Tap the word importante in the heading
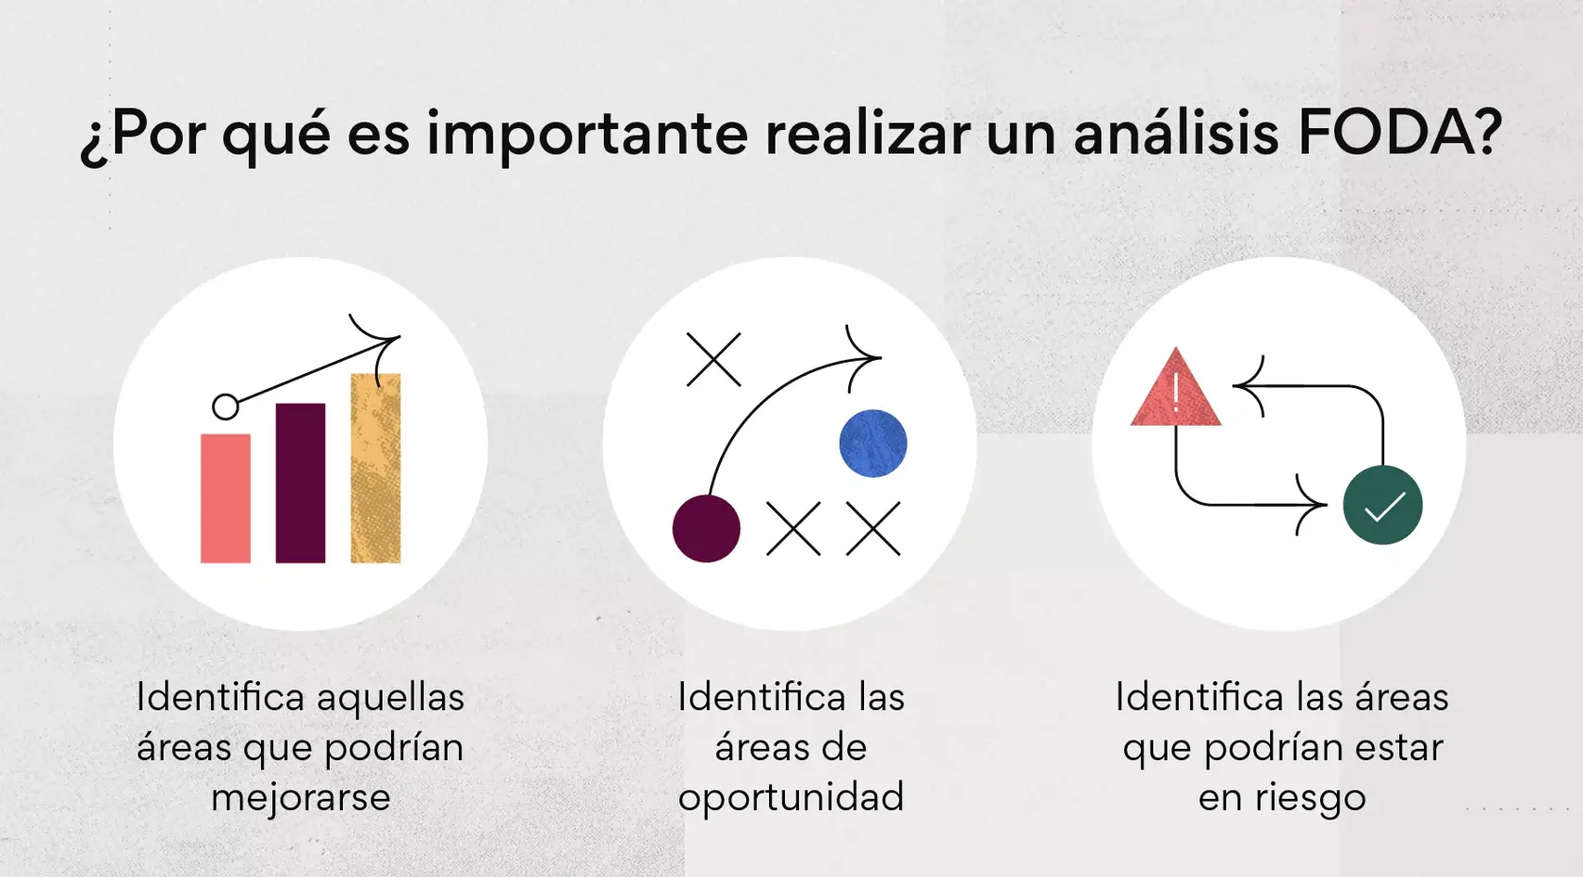587,134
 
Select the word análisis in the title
1176,134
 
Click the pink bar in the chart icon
225,498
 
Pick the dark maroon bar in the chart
301,483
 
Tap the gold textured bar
376,468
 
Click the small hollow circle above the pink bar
225,407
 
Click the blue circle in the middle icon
873,444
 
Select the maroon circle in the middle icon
706,528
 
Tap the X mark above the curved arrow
713,359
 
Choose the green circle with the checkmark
1382,505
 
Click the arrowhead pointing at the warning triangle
1246,385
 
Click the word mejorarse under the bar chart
301,797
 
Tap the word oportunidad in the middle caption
791,797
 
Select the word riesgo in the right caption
1310,798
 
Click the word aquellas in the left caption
390,698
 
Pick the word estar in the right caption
1398,748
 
